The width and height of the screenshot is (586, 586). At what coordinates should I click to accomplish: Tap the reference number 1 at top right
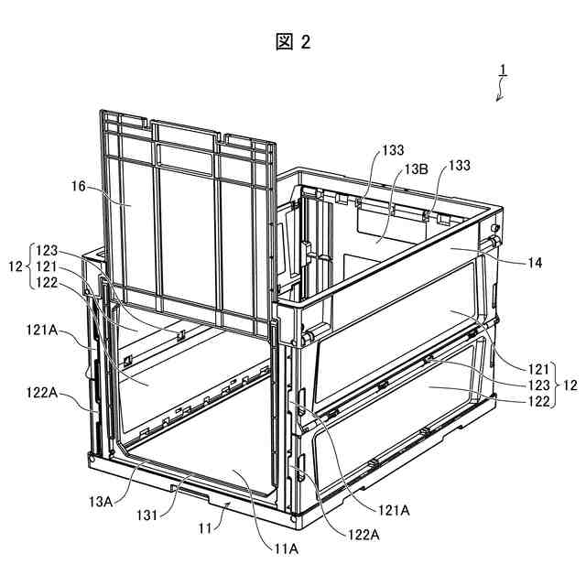(503, 70)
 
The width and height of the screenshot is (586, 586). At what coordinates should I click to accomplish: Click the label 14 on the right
(535, 263)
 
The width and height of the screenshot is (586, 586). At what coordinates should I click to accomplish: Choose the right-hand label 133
(459, 165)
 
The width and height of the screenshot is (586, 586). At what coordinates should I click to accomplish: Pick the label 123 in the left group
(48, 250)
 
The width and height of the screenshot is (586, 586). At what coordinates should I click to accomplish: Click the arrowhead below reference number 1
(498, 100)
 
